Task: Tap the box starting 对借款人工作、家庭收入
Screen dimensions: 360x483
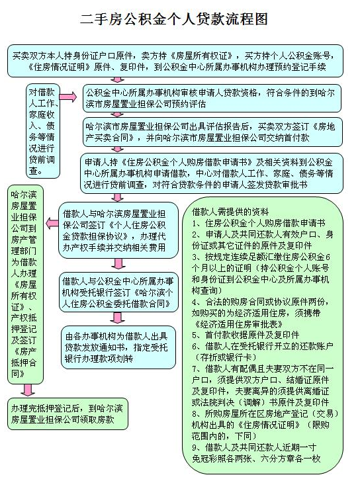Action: [42, 130]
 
